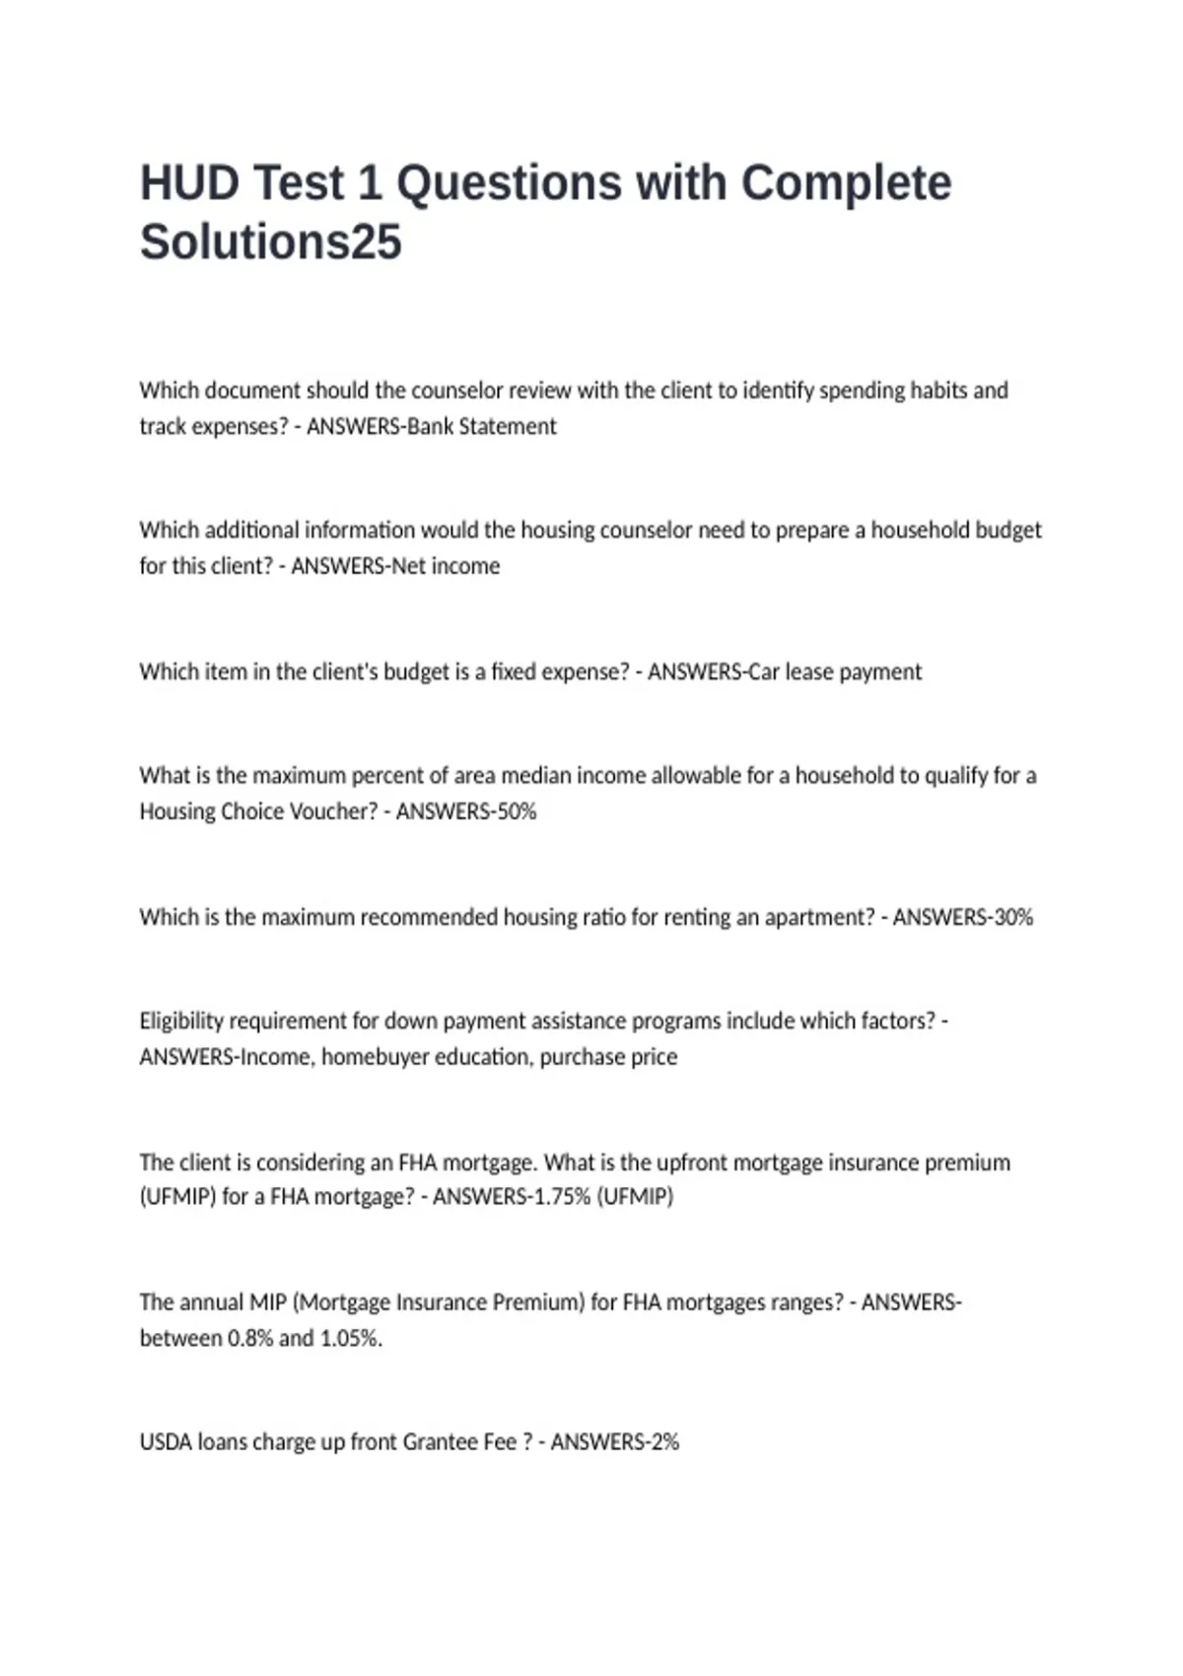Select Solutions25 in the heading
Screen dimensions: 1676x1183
pyautogui.click(x=270, y=242)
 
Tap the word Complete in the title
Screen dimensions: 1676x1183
pyautogui.click(x=845, y=183)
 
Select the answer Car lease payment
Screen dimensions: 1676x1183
pyautogui.click(x=835, y=672)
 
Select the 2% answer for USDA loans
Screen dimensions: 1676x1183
pyautogui.click(x=663, y=1442)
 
